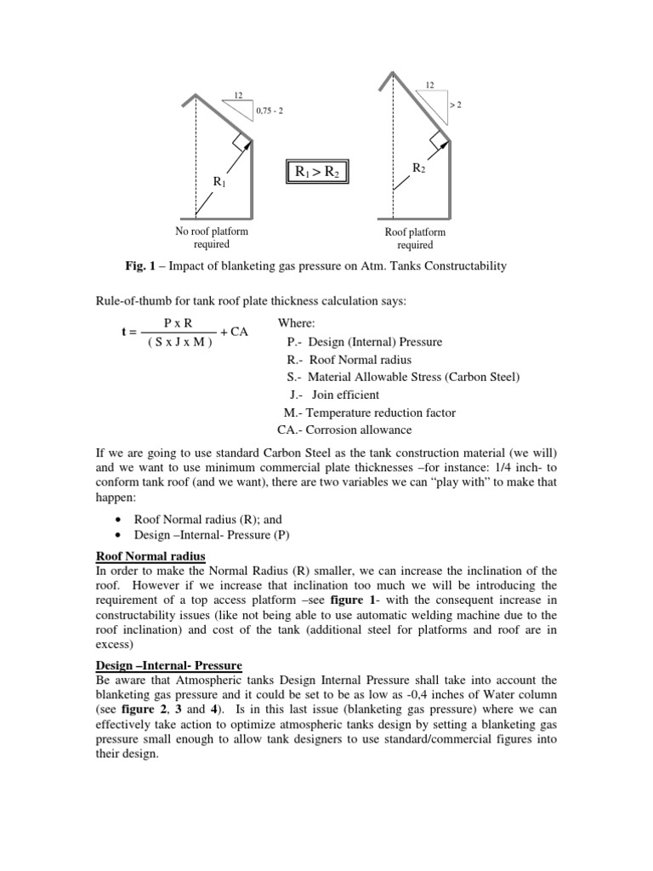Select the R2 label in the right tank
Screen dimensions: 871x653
[x=417, y=168]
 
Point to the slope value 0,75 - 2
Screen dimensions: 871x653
[x=269, y=110]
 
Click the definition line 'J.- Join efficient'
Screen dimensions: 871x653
[x=334, y=395]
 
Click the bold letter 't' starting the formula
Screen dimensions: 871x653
[x=100, y=332]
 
